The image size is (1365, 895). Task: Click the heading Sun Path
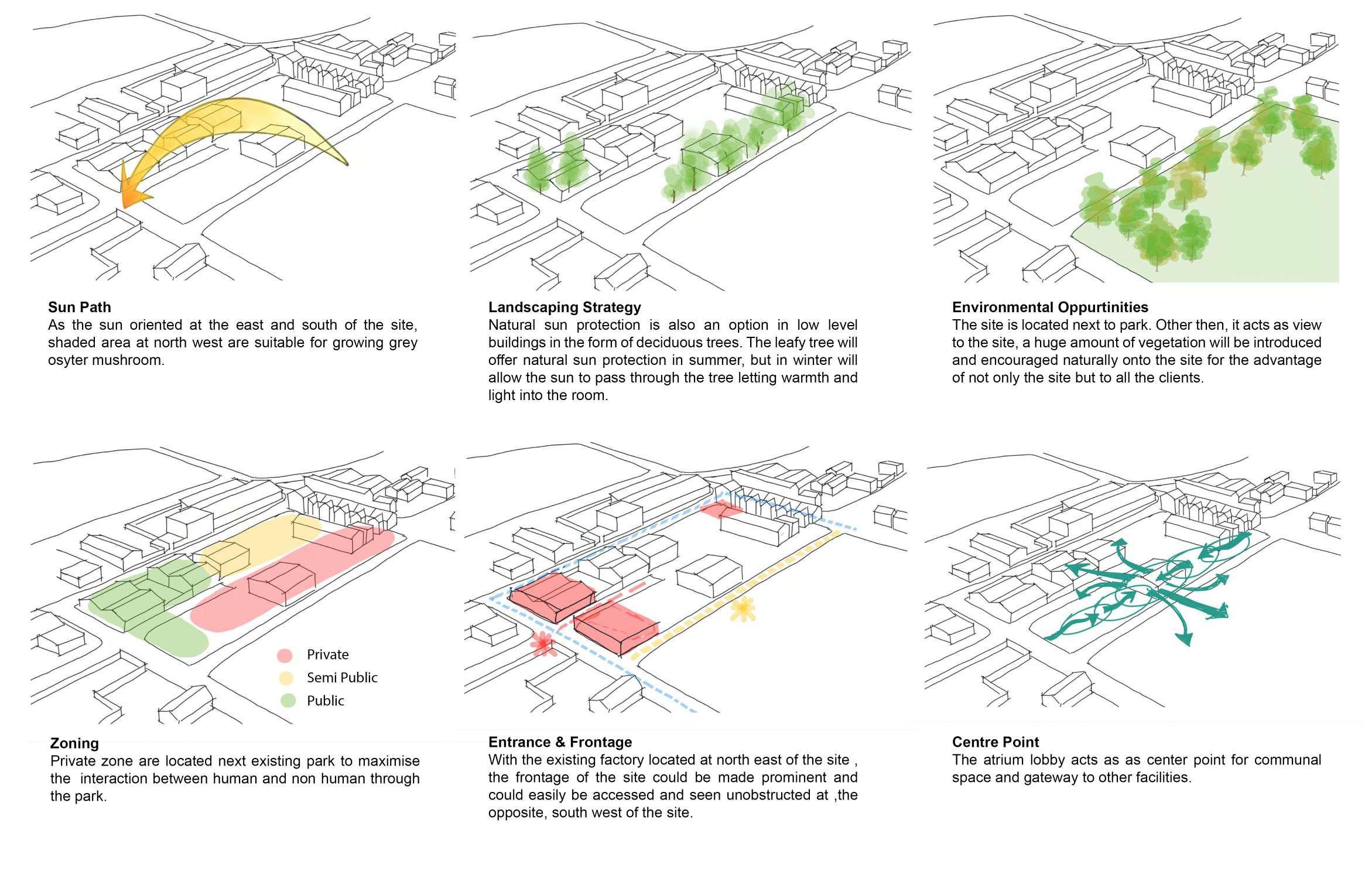click(x=79, y=307)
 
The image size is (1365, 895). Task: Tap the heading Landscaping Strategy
click(x=565, y=307)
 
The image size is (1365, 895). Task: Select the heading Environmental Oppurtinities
click(x=1050, y=307)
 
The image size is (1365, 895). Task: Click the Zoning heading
click(x=74, y=743)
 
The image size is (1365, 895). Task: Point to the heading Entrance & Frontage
click(x=560, y=742)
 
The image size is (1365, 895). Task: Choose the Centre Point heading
click(x=995, y=742)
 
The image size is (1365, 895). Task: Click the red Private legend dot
click(x=285, y=655)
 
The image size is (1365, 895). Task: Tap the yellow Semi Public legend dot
click(x=286, y=678)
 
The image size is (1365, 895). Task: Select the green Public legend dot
click(x=288, y=701)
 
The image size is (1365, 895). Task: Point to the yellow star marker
click(x=743, y=609)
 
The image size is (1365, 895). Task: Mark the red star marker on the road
click(x=543, y=643)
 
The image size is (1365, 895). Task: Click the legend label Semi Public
click(x=342, y=678)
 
